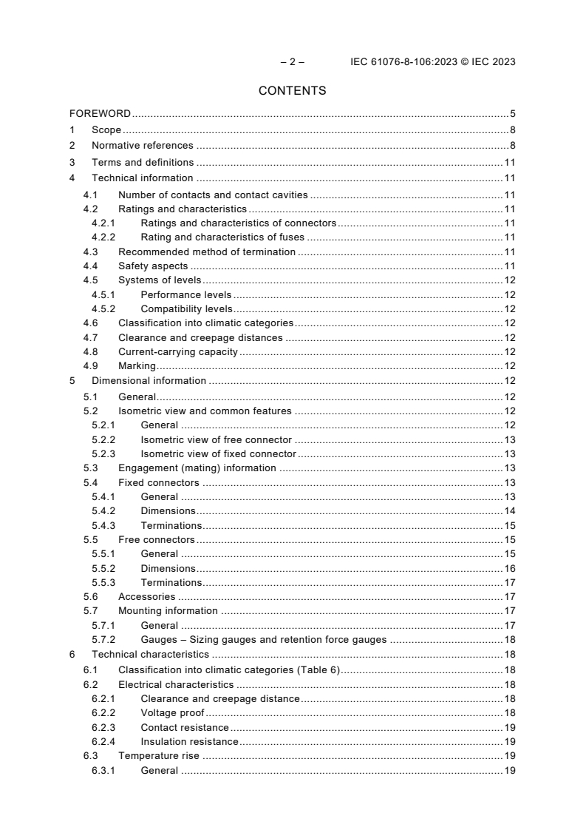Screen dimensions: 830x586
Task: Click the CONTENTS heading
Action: coord(292,91)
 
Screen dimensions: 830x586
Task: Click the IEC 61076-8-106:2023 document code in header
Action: coord(405,62)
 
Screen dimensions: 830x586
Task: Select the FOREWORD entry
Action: coord(100,114)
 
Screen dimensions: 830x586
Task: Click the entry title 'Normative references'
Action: coord(142,146)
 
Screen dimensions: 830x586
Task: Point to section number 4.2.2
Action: coord(103,237)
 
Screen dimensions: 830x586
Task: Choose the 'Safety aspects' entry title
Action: coord(153,266)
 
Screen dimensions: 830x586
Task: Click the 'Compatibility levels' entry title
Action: coord(186,308)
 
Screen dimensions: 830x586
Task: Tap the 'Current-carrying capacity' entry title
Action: coord(178,351)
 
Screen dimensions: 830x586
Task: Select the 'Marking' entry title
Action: coord(137,365)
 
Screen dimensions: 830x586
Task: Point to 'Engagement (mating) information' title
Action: coord(197,468)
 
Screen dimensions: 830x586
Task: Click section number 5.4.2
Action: coord(103,510)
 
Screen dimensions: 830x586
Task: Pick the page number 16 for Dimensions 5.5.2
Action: coord(509,568)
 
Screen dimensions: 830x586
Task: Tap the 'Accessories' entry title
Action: coord(146,596)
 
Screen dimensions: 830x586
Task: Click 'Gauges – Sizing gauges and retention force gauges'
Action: coord(263,639)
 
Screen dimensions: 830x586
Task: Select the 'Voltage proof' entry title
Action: coord(172,712)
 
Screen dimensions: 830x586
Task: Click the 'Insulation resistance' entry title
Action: coord(189,741)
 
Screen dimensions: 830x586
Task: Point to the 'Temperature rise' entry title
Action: coord(158,756)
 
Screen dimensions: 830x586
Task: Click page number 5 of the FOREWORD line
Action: coord(512,114)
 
